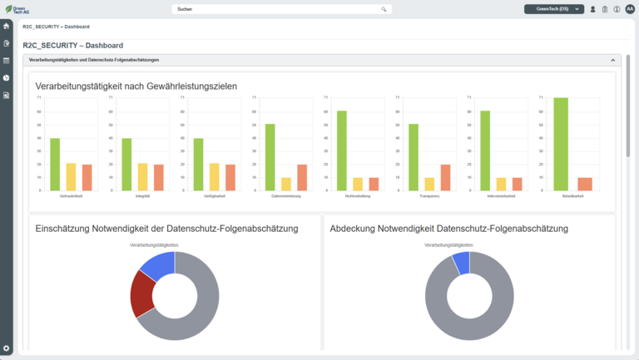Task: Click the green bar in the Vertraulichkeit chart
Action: (x=55, y=165)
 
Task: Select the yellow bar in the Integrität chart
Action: (x=142, y=177)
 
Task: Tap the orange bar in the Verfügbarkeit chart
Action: (x=230, y=177)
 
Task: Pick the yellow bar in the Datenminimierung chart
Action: (x=285, y=184)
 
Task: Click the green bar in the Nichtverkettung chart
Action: (x=341, y=150)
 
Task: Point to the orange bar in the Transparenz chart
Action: (x=445, y=177)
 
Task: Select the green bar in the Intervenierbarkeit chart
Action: (x=485, y=150)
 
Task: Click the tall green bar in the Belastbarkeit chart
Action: (x=561, y=144)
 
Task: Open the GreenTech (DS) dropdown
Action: (x=553, y=9)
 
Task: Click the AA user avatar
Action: (x=630, y=9)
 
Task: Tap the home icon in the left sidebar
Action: (x=7, y=26)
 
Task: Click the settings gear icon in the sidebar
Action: (x=7, y=348)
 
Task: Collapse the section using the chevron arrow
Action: (x=613, y=61)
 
